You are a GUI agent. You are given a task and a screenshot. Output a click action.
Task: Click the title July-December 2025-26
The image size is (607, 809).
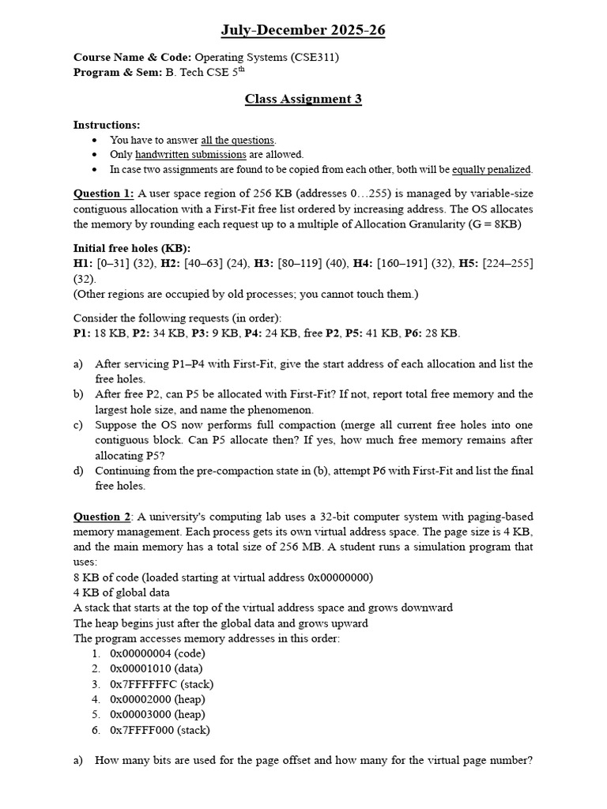[303, 31]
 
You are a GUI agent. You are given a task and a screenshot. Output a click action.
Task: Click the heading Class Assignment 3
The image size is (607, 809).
[303, 99]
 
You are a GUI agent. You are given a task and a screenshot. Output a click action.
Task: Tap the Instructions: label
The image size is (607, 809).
[107, 125]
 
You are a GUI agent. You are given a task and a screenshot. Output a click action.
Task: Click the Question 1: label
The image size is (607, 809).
[104, 194]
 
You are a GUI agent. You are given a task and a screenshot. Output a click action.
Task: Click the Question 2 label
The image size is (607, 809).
[103, 517]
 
